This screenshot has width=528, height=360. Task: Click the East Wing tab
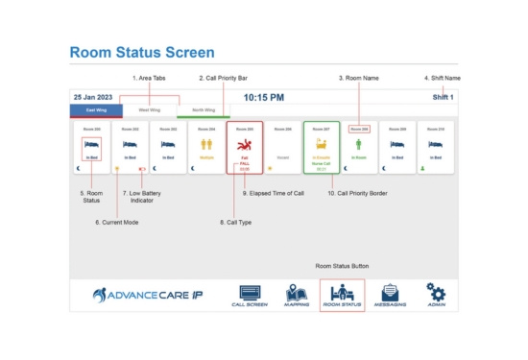pos(94,110)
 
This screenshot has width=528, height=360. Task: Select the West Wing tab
pos(149,110)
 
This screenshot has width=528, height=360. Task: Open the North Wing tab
pos(204,110)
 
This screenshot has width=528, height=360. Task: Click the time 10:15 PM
pos(263,97)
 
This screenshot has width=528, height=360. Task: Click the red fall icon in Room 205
pos(244,144)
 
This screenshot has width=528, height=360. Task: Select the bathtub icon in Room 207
pos(321,144)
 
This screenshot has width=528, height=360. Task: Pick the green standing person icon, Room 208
pos(359,144)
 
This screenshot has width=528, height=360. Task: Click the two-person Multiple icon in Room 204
pos(206,144)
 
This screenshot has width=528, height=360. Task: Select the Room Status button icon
pos(342,293)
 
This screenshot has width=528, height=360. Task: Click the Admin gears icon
pos(437,293)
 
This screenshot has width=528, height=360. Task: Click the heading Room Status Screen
pos(141,52)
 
